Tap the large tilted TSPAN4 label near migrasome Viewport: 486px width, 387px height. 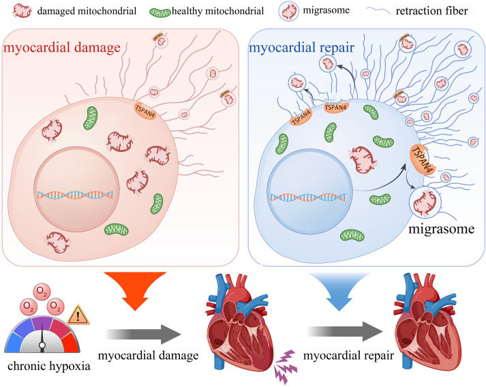(423, 164)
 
